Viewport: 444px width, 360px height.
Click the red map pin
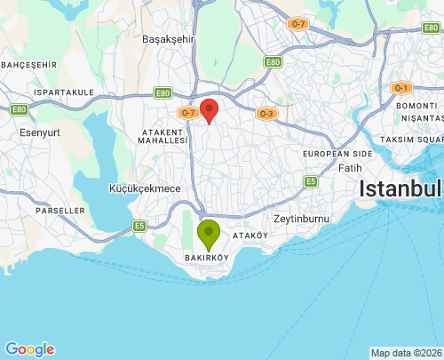pyautogui.click(x=209, y=111)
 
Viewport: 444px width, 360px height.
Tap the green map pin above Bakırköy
pyautogui.click(x=209, y=235)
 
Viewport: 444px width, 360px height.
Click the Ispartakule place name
pyautogui.click(x=63, y=92)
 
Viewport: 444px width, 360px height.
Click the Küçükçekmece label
pyautogui.click(x=145, y=188)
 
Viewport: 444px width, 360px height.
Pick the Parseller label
pyautogui.click(x=61, y=211)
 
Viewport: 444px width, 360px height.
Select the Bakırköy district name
pyautogui.click(x=206, y=258)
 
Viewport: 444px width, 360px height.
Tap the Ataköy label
pyautogui.click(x=250, y=236)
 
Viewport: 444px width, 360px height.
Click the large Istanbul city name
pyautogui.click(x=400, y=189)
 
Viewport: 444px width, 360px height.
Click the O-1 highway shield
pyautogui.click(x=401, y=88)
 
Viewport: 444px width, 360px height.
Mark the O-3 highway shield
pyautogui.click(x=266, y=114)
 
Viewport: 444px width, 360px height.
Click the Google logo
pyautogui.click(x=29, y=349)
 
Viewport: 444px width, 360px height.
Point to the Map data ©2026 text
pyautogui.click(x=405, y=353)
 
